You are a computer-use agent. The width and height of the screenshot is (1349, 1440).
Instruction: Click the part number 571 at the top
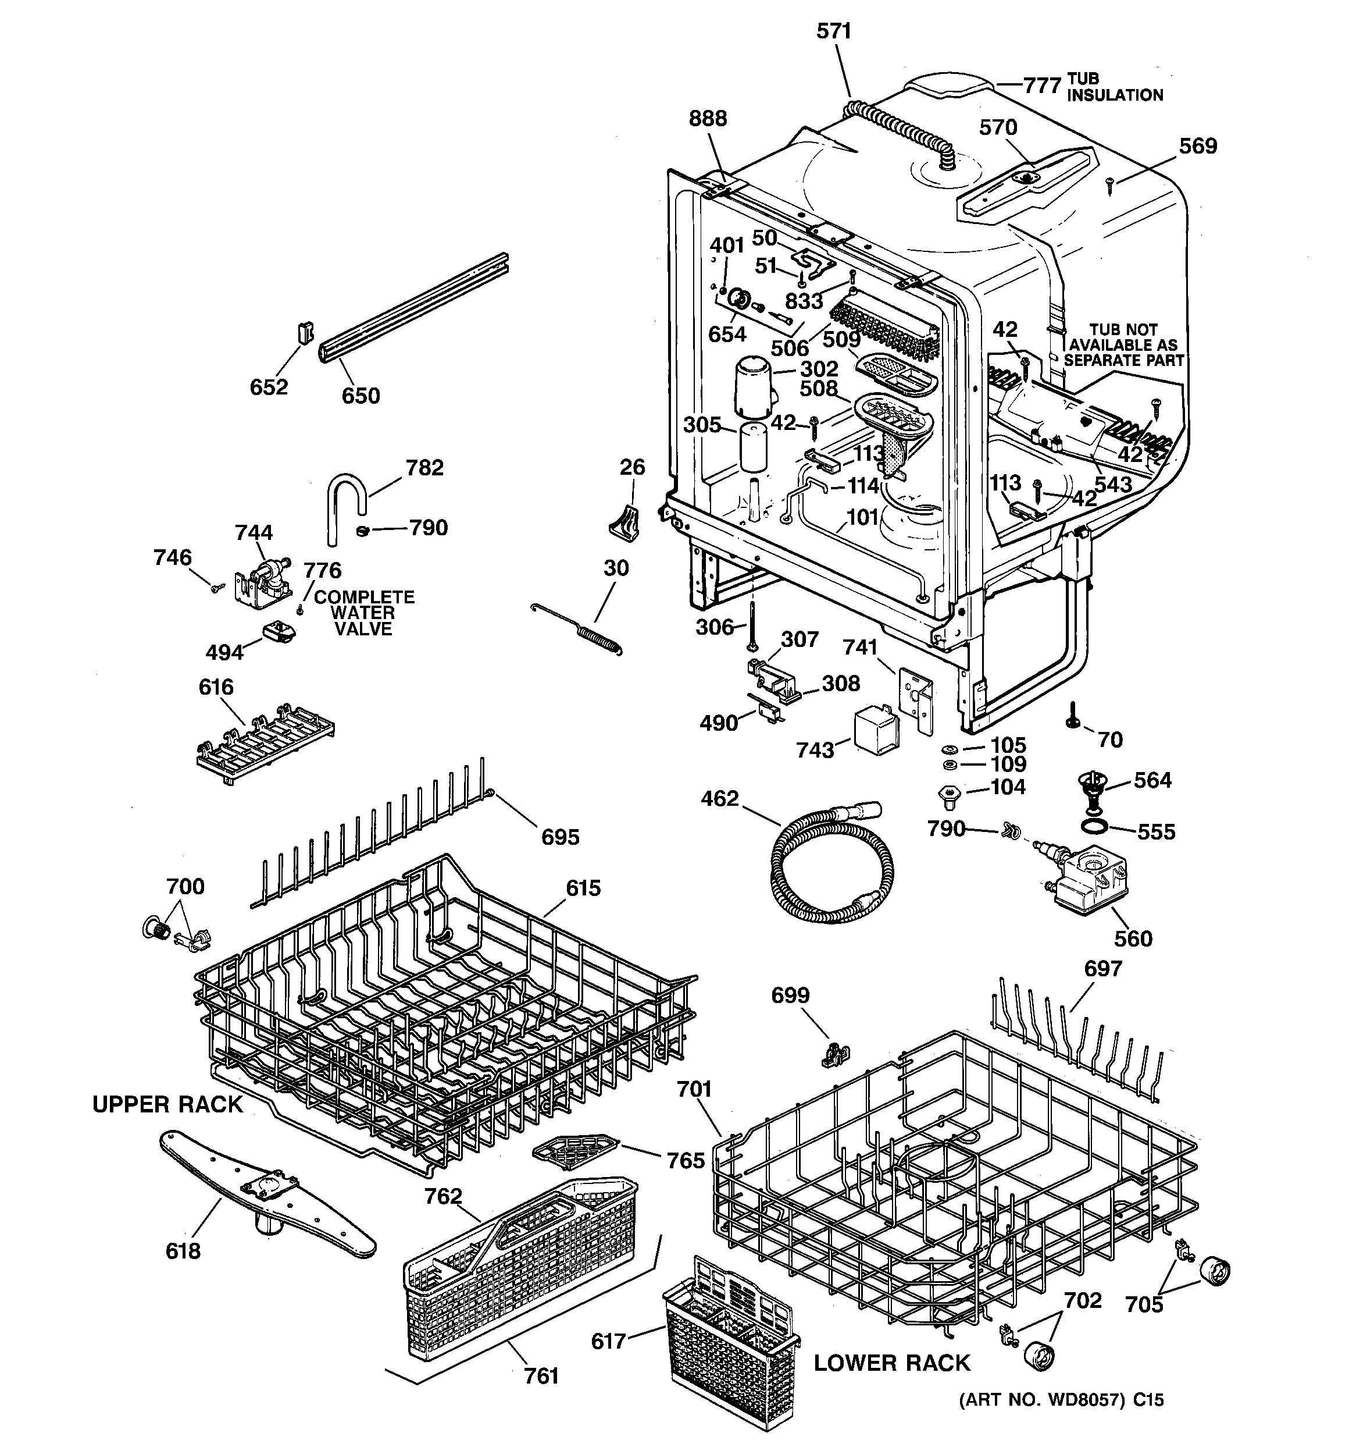point(834,31)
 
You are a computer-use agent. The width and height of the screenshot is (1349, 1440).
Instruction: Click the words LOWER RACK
point(891,1363)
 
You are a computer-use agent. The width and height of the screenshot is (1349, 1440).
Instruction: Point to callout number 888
point(708,119)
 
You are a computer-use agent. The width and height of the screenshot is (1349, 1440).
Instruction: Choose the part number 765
point(685,1160)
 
